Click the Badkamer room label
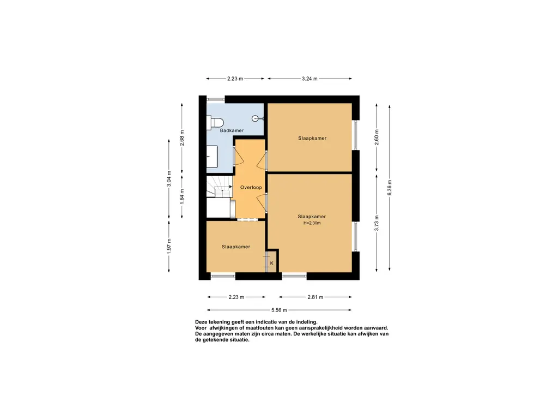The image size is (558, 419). pyautogui.click(x=232, y=130)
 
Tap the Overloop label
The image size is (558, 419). pyautogui.click(x=251, y=188)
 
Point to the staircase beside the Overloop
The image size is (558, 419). pyautogui.click(x=220, y=186)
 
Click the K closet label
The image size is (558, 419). pyautogui.click(x=271, y=264)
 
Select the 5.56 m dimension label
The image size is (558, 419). pyautogui.click(x=279, y=310)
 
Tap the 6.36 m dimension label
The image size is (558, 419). pyautogui.click(x=389, y=188)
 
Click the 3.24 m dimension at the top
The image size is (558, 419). pyautogui.click(x=310, y=79)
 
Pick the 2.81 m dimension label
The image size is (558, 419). pyautogui.click(x=316, y=297)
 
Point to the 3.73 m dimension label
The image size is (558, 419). pyautogui.click(x=377, y=223)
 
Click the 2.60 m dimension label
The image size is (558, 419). pyautogui.click(x=377, y=137)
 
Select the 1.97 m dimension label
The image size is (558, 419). pyautogui.click(x=169, y=246)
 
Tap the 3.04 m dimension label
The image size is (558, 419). pyautogui.click(x=169, y=178)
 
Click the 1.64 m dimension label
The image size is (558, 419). pyautogui.click(x=182, y=196)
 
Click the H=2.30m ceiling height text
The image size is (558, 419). pyautogui.click(x=312, y=223)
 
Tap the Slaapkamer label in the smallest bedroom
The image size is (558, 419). pyautogui.click(x=235, y=247)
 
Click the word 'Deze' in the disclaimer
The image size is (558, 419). pyautogui.click(x=201, y=322)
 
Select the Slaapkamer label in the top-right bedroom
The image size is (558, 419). pyautogui.click(x=312, y=138)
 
